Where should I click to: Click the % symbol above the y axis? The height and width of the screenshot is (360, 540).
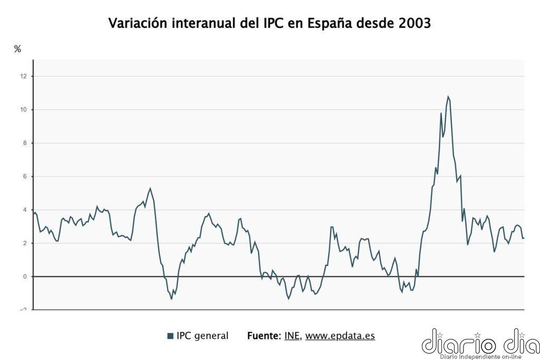point(17,49)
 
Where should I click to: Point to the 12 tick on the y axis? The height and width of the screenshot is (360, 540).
point(23,76)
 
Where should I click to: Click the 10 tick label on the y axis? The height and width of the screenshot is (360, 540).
point(23,110)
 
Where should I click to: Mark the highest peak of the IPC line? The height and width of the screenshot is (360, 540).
point(448,96)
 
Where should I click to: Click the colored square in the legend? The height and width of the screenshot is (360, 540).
point(170,336)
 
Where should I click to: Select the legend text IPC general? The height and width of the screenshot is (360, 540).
point(202,336)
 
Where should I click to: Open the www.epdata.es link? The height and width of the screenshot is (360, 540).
point(340,336)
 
